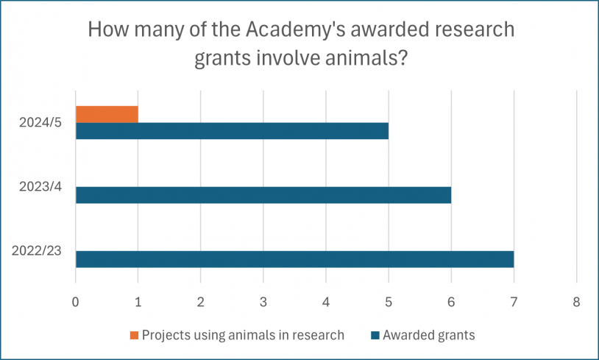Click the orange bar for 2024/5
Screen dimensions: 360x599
pyautogui.click(x=107, y=114)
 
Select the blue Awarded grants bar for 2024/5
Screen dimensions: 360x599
pyautogui.click(x=232, y=131)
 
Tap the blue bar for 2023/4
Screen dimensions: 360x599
pyautogui.click(x=263, y=195)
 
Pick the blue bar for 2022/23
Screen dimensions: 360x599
pyautogui.click(x=294, y=259)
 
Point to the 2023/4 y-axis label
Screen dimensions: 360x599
pyautogui.click(x=40, y=186)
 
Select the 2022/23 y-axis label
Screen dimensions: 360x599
pyautogui.click(x=36, y=250)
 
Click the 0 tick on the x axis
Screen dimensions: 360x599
pyautogui.click(x=75, y=302)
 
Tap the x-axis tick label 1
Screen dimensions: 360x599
pyautogui.click(x=138, y=302)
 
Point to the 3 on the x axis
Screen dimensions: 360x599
pyautogui.click(x=263, y=302)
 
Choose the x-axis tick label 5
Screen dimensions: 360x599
pyautogui.click(x=389, y=302)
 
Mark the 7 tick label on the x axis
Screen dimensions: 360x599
pyautogui.click(x=514, y=302)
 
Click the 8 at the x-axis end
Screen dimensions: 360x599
pyautogui.click(x=576, y=302)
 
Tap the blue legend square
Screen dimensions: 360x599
pyautogui.click(x=375, y=336)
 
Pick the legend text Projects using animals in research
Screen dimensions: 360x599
pyautogui.click(x=243, y=335)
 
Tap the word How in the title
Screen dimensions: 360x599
pyautogui.click(x=107, y=31)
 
